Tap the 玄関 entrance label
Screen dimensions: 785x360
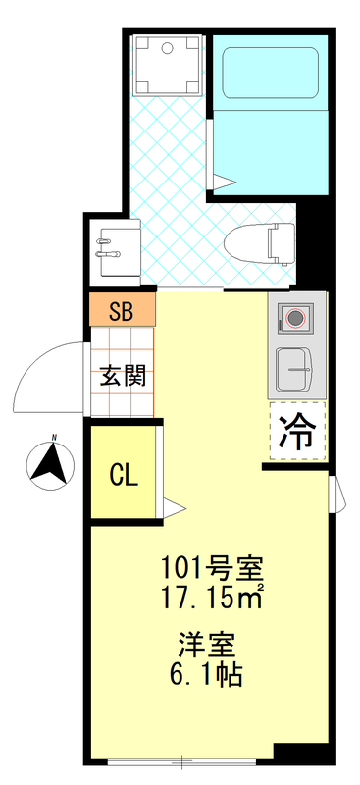click(x=123, y=376)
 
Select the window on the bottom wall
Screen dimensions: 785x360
click(x=181, y=760)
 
